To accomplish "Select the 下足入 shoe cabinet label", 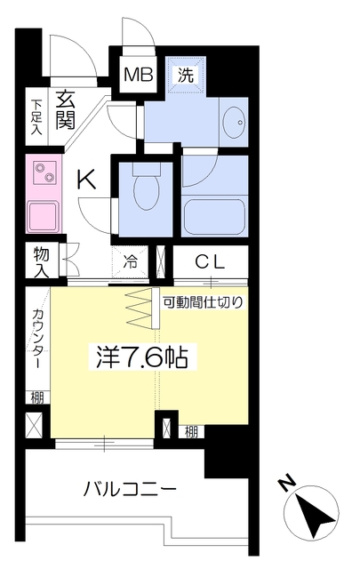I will click(36, 116).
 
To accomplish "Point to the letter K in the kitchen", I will click(85, 180).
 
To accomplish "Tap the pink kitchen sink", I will click(43, 216).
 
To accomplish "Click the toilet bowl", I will click(143, 189).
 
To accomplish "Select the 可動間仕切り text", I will click(203, 301).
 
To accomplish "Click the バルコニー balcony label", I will click(130, 490).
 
